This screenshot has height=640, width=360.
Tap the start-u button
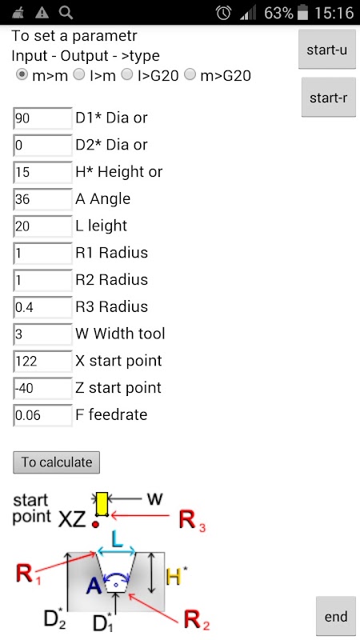[x=327, y=50]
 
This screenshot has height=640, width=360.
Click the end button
[x=335, y=616]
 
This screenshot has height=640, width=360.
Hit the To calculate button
[x=56, y=462]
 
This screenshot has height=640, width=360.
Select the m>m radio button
[x=22, y=74]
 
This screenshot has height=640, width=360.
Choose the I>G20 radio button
[x=128, y=74]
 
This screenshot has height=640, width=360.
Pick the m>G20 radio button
[x=190, y=74]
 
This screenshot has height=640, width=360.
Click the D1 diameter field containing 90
[x=42, y=118]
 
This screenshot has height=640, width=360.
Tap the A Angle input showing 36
[x=42, y=198]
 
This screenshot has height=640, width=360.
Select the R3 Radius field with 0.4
[x=42, y=306]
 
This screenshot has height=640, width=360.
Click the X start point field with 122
[x=42, y=361]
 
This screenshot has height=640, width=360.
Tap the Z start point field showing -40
[x=42, y=387]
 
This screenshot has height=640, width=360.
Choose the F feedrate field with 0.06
[x=42, y=414]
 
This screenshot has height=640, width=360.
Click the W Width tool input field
[x=42, y=334]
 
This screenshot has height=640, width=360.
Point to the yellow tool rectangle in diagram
[x=102, y=504]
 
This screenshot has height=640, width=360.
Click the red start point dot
[x=95, y=523]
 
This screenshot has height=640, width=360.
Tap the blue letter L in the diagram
[x=117, y=540]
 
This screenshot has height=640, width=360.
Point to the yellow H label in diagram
[x=174, y=577]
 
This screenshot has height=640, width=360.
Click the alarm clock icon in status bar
[x=223, y=13]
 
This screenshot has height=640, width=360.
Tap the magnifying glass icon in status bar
[x=66, y=13]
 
